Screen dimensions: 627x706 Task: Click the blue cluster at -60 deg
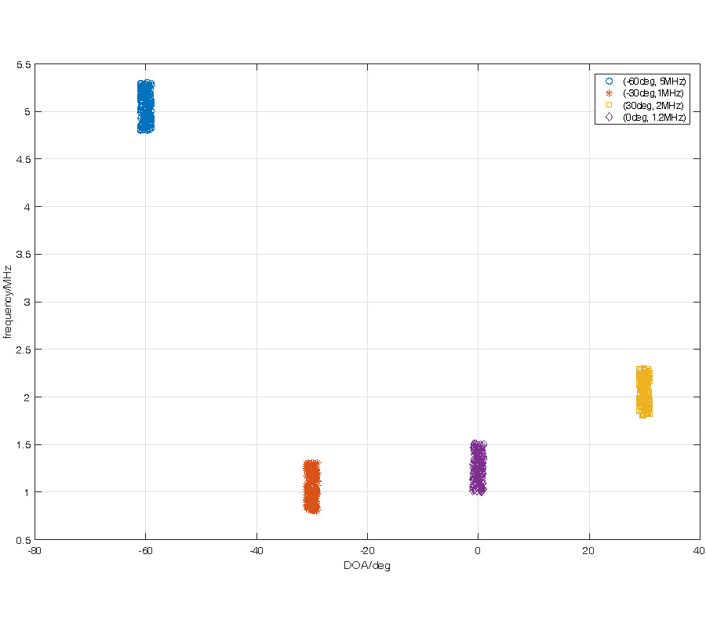click(145, 107)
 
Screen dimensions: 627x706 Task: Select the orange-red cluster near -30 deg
click(311, 487)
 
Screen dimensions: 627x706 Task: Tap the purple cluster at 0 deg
click(478, 468)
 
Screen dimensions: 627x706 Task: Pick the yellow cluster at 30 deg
click(644, 391)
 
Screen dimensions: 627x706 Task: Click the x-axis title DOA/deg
click(366, 566)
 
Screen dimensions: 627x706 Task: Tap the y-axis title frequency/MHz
click(9, 302)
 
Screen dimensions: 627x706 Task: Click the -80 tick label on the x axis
click(35, 551)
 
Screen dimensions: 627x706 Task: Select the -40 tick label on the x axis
click(256, 551)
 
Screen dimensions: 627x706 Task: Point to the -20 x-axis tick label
click(366, 551)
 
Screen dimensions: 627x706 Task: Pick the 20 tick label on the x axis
click(588, 551)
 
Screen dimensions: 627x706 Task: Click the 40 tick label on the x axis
click(699, 551)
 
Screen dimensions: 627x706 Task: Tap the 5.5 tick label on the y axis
click(24, 65)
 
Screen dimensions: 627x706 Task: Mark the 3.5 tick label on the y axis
click(24, 255)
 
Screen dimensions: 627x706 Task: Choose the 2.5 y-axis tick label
click(24, 350)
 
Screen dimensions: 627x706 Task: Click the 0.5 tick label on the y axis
click(24, 540)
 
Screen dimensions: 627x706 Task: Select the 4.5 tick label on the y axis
click(24, 160)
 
